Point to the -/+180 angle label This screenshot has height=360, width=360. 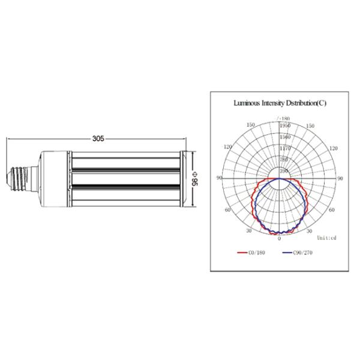coord(284,119)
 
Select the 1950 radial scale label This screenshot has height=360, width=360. coord(285,125)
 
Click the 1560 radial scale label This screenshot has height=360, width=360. coord(285,137)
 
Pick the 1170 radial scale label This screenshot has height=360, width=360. coord(285,148)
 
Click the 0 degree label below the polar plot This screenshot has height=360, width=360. coord(279,239)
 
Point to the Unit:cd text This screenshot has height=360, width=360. coord(327,238)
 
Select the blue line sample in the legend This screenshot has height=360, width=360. coord(287,253)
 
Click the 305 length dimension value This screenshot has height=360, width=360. coord(98,138)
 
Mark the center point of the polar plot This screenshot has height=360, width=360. coord(280,179)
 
